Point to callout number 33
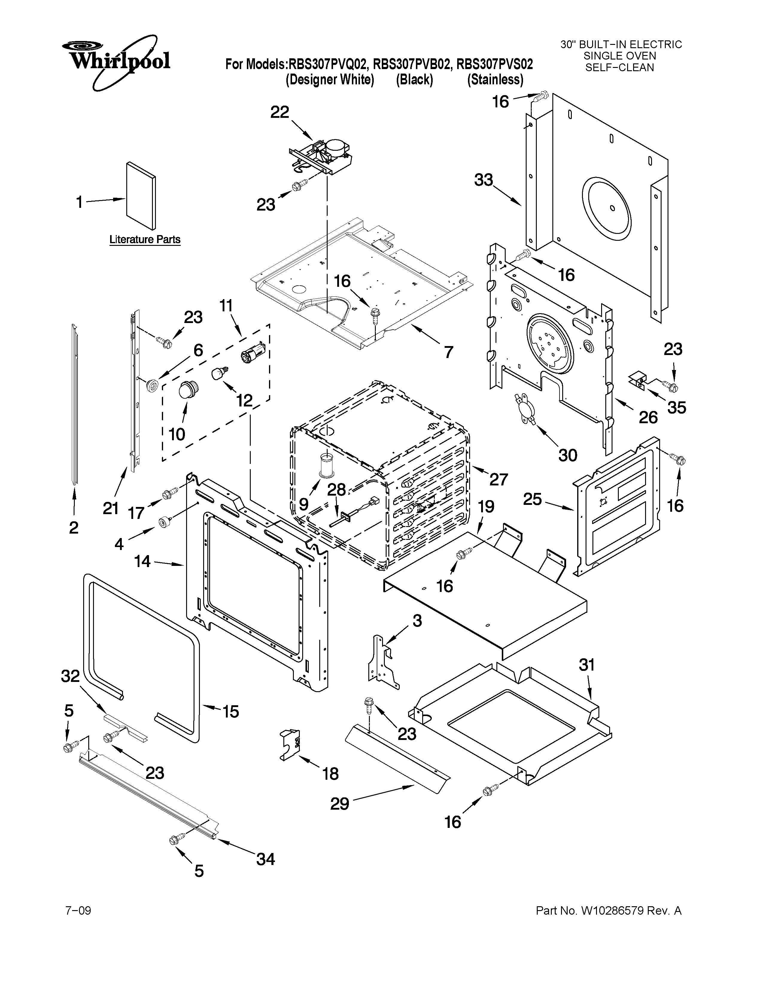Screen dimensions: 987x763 (x=484, y=180)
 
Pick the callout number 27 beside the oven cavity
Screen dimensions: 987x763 (x=498, y=479)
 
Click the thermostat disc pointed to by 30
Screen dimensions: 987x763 (x=524, y=408)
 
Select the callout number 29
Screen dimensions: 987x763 (x=340, y=804)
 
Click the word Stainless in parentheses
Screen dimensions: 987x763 (x=496, y=80)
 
